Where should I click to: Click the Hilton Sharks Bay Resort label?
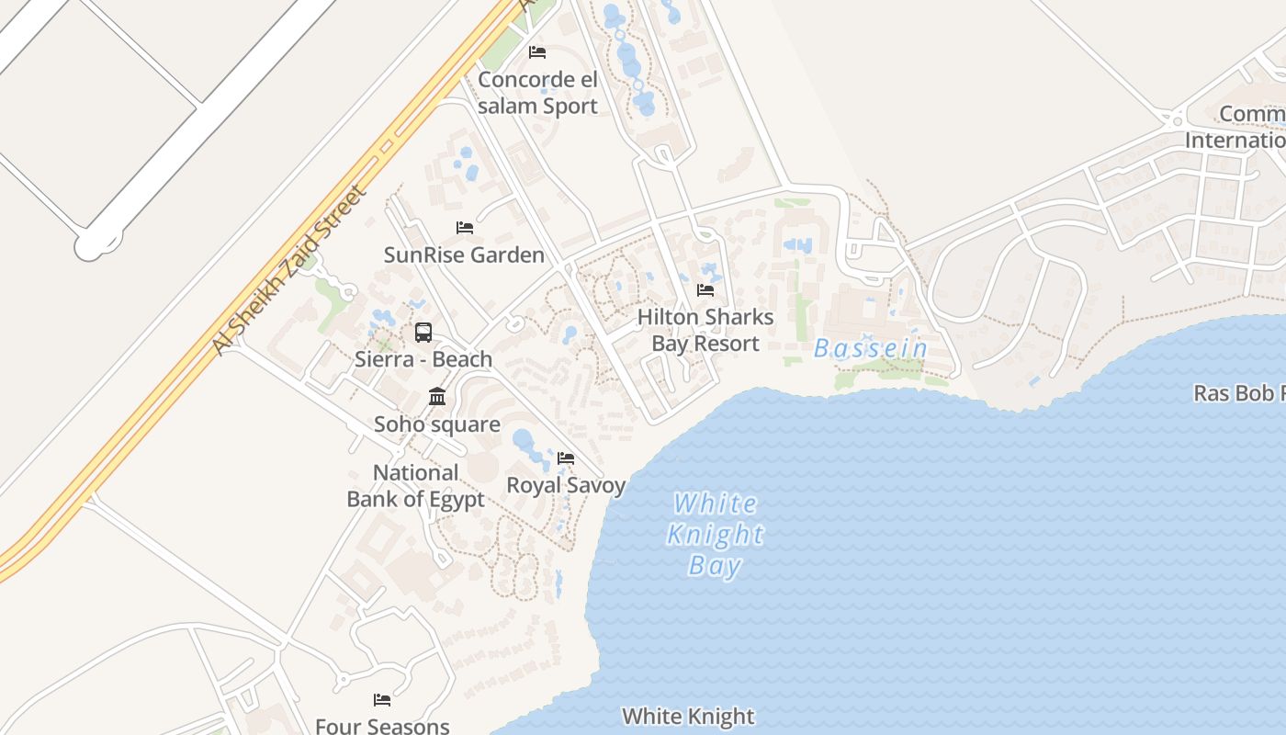(705, 331)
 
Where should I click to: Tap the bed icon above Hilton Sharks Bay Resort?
(705, 290)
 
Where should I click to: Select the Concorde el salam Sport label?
(537, 93)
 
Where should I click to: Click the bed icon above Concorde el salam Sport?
(537, 52)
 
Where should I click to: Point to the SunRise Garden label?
(464, 254)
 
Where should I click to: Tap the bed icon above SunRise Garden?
(465, 227)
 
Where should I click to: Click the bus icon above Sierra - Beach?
(423, 333)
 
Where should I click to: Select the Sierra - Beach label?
(423, 359)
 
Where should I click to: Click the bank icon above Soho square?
(437, 397)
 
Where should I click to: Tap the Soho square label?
(437, 424)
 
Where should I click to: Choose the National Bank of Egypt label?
(415, 486)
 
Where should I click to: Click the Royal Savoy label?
(566, 485)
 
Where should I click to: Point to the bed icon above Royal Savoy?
(566, 458)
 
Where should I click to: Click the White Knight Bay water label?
(715, 534)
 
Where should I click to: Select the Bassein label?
(871, 349)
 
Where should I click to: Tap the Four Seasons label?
(382, 726)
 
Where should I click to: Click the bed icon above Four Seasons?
(382, 700)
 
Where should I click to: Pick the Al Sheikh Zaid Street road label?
(289, 270)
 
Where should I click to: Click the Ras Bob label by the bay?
(1238, 393)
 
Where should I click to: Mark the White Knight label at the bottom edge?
(688, 716)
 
